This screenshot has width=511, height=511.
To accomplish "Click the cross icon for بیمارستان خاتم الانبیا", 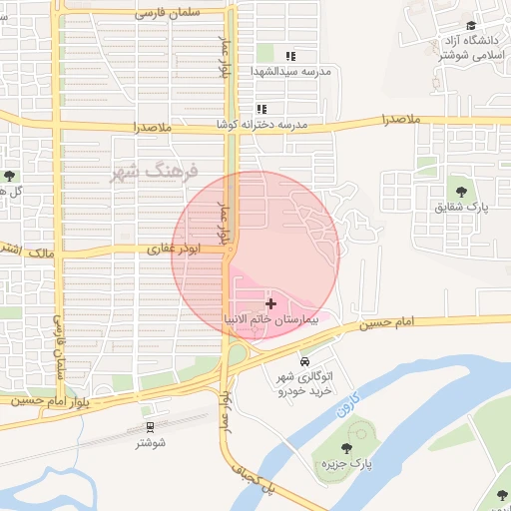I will click(270, 302).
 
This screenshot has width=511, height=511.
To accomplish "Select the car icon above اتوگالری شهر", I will click(303, 361).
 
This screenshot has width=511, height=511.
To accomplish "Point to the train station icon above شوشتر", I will click(151, 426).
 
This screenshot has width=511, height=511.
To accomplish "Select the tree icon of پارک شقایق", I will click(460, 189).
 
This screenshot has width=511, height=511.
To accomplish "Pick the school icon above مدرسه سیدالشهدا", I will click(290, 57).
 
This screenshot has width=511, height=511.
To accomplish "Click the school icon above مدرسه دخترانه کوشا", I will click(261, 109).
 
